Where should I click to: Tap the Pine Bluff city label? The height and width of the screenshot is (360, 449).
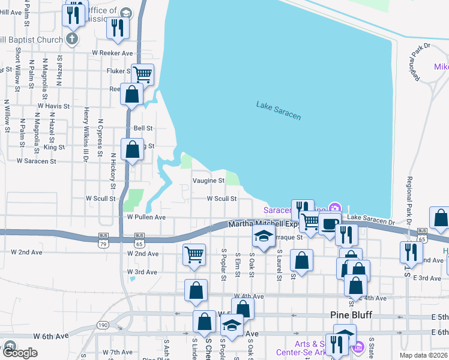352,316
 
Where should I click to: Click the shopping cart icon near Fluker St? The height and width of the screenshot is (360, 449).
143,74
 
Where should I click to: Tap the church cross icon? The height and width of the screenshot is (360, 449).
72,40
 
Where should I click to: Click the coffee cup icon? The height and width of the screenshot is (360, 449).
329,223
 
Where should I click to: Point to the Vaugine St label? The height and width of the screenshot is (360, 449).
208,180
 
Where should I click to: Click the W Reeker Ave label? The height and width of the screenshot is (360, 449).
112,53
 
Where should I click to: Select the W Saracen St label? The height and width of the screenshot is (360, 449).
36,161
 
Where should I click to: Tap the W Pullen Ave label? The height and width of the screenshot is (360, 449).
146,217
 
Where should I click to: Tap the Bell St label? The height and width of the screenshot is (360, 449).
143,128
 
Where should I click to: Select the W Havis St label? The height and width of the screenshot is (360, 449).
53,106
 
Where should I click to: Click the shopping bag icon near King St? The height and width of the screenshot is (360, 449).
132,148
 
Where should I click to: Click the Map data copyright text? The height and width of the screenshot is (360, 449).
424,355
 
